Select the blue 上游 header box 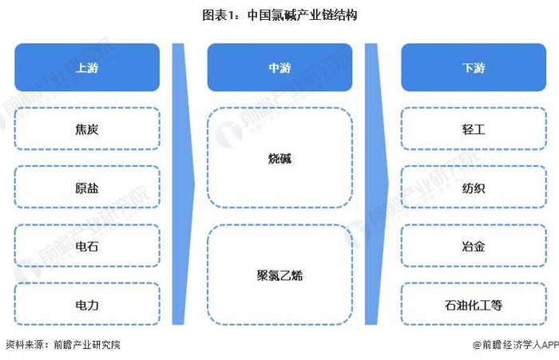click(87, 68)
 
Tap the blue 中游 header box click(279, 68)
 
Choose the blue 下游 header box click(474, 68)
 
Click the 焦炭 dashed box click(87, 129)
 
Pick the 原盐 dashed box click(87, 188)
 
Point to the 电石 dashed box click(87, 247)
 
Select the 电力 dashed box click(87, 305)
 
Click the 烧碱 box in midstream click(279, 158)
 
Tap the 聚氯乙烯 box click(279, 275)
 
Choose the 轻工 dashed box click(474, 129)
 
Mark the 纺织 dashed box click(474, 188)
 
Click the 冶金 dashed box click(474, 247)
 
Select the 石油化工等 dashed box click(474, 305)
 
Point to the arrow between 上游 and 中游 click(184, 184)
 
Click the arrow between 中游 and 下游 click(377, 184)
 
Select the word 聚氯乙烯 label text click(279, 275)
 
